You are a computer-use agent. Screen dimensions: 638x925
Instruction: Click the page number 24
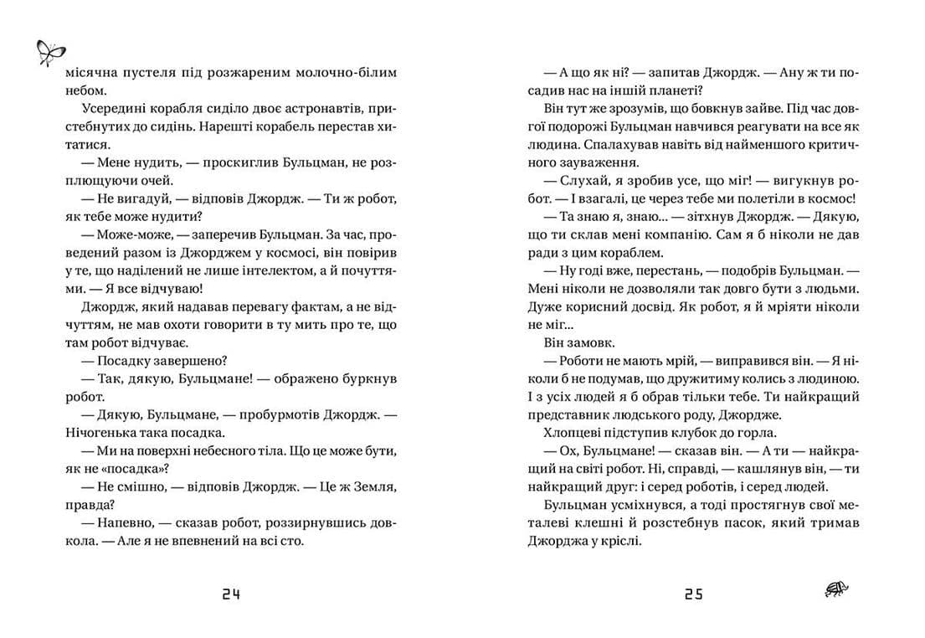coord(231,594)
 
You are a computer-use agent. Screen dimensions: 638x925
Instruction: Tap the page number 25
coord(693,594)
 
